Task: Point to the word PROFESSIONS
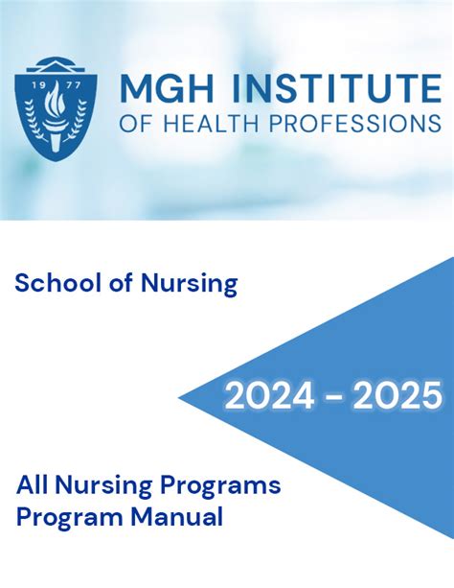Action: [355, 123]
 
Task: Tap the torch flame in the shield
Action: [55, 98]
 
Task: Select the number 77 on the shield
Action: [73, 85]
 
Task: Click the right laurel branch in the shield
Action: [76, 120]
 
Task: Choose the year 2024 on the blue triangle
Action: [269, 396]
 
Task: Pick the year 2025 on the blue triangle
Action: [397, 396]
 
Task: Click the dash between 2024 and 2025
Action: [333, 397]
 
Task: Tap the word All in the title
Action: [33, 484]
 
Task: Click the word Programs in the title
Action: [220, 486]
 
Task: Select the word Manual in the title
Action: [177, 517]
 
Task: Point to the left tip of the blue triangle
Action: [178, 397]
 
